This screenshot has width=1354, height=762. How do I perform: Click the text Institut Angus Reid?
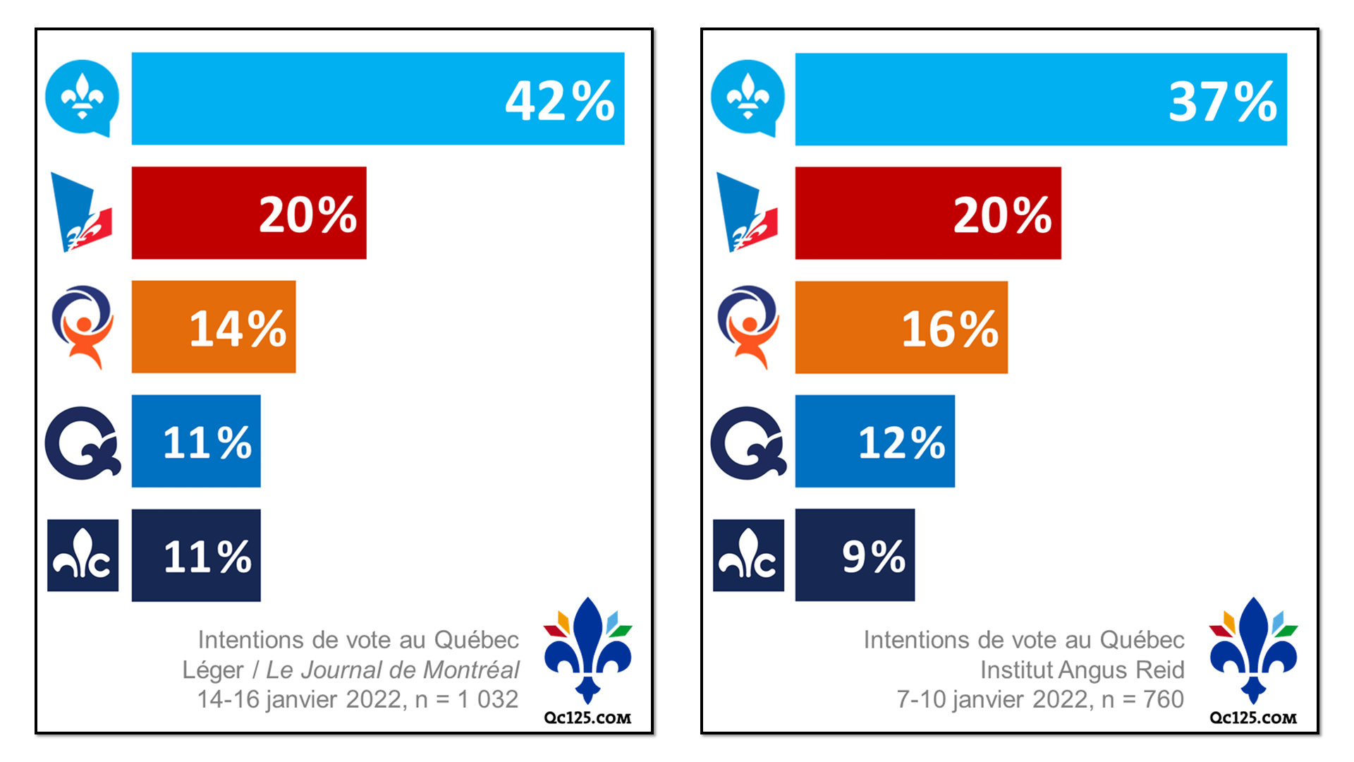click(1082, 670)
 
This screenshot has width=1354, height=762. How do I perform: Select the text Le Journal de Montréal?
click(392, 670)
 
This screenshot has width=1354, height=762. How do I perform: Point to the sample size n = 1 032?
click(467, 699)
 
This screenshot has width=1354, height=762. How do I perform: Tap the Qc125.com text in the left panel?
click(587, 718)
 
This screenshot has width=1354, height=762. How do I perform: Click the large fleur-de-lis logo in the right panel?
click(1253, 649)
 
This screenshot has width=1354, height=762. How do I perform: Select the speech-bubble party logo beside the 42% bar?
click(82, 97)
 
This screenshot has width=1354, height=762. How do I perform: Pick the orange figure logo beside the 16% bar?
click(748, 327)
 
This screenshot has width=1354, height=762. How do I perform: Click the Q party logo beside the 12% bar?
click(748, 443)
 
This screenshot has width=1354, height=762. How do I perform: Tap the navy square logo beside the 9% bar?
click(748, 555)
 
